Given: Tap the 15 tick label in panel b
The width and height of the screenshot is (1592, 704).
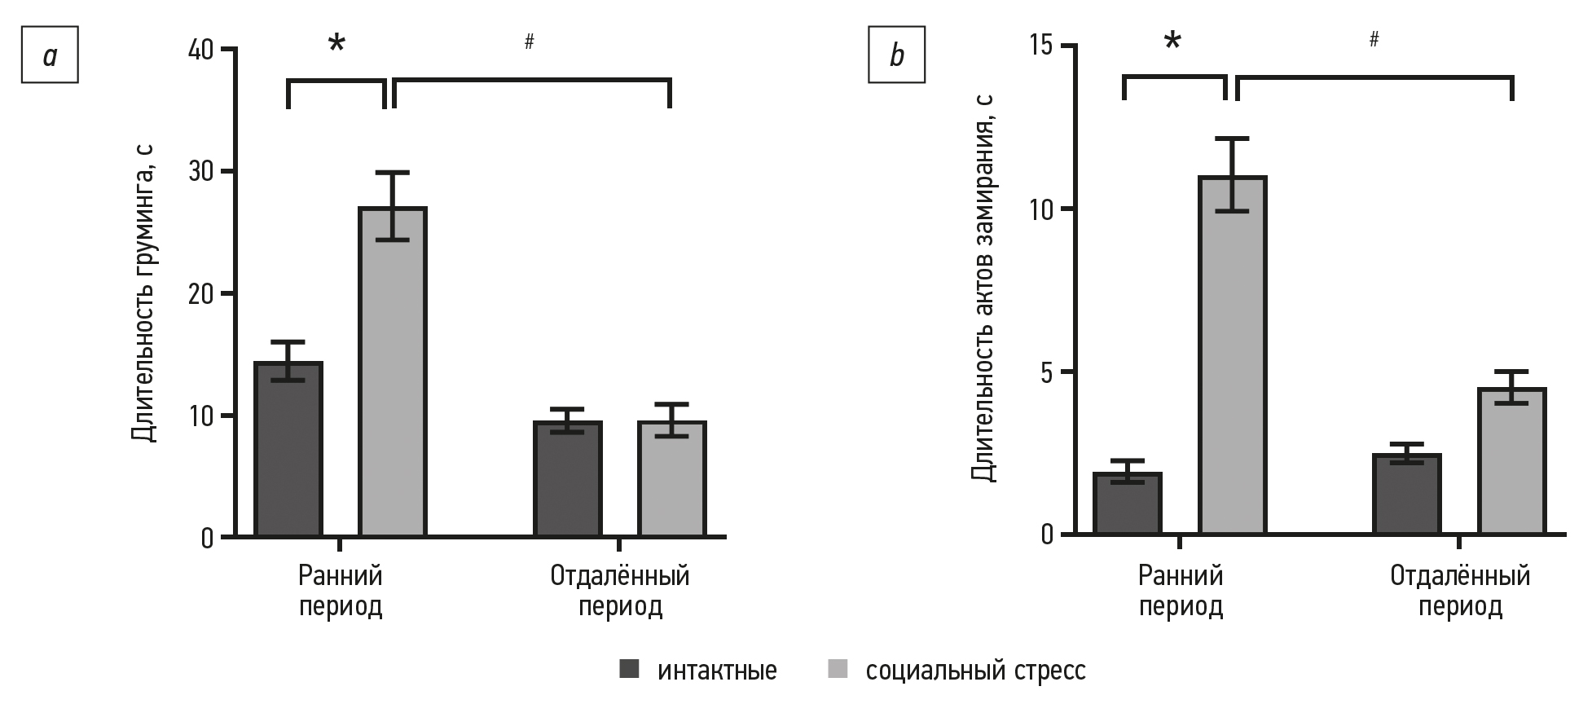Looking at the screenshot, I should click(x=1039, y=46).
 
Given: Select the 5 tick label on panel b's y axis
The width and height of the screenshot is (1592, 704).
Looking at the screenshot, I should click(x=1045, y=372).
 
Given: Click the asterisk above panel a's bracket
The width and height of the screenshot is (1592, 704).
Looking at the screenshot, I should click(x=336, y=44).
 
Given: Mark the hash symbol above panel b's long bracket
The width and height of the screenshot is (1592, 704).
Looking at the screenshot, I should click(x=1374, y=39).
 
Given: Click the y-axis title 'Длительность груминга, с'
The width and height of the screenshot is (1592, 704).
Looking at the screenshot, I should click(x=143, y=293).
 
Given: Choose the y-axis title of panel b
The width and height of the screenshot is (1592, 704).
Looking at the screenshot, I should click(x=983, y=289).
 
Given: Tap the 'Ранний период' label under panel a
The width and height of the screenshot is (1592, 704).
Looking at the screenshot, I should click(x=341, y=591).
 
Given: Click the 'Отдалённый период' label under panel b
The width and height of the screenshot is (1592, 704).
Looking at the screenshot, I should click(x=1460, y=591).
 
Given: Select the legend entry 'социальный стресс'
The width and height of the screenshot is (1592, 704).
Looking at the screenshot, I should click(x=974, y=671).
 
